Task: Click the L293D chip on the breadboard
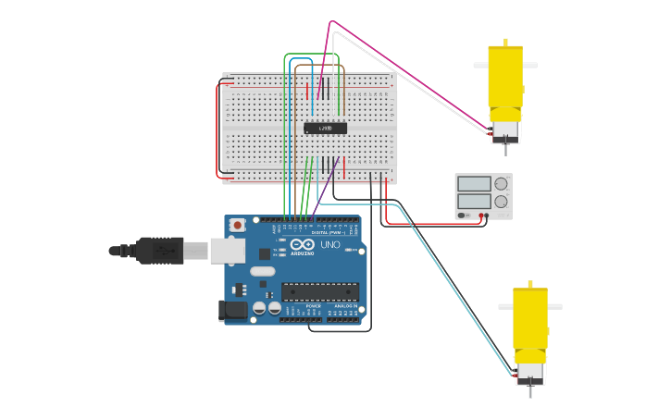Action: point(325,128)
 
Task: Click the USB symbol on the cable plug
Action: point(162,250)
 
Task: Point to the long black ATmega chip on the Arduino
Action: point(319,292)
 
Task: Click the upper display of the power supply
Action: point(474,183)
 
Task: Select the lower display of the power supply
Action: point(474,201)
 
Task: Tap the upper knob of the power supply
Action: point(501,183)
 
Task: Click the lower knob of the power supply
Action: point(501,201)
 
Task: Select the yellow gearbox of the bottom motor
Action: point(530,319)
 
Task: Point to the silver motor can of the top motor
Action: point(505,128)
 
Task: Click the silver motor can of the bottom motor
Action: point(530,370)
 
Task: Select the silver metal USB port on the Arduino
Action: point(226,250)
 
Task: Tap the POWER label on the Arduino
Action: point(314,305)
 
